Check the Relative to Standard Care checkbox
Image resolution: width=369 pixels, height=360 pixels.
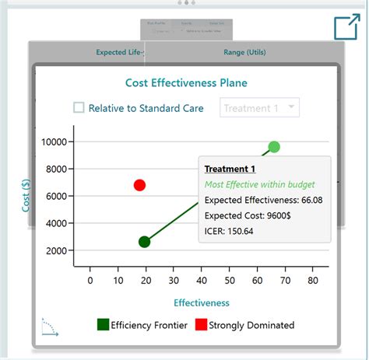[x=79, y=108]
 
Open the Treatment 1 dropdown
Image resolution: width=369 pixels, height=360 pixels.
[x=260, y=108]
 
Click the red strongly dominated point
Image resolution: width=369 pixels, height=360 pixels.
[x=139, y=185]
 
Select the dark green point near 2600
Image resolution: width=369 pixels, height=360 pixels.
[x=144, y=242]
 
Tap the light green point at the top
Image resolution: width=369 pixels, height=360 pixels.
[x=274, y=147]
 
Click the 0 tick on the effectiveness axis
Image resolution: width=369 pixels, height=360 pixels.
[x=90, y=280]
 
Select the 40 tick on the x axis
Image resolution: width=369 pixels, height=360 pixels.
[x=202, y=280]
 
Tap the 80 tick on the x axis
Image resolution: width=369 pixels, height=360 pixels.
[x=313, y=280]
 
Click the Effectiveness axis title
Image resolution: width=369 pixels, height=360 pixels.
[x=201, y=302]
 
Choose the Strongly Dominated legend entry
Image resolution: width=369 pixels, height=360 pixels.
[x=244, y=325]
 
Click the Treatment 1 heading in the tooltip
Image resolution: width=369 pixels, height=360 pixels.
[x=230, y=169]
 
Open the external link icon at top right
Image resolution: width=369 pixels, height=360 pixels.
[x=346, y=27]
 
